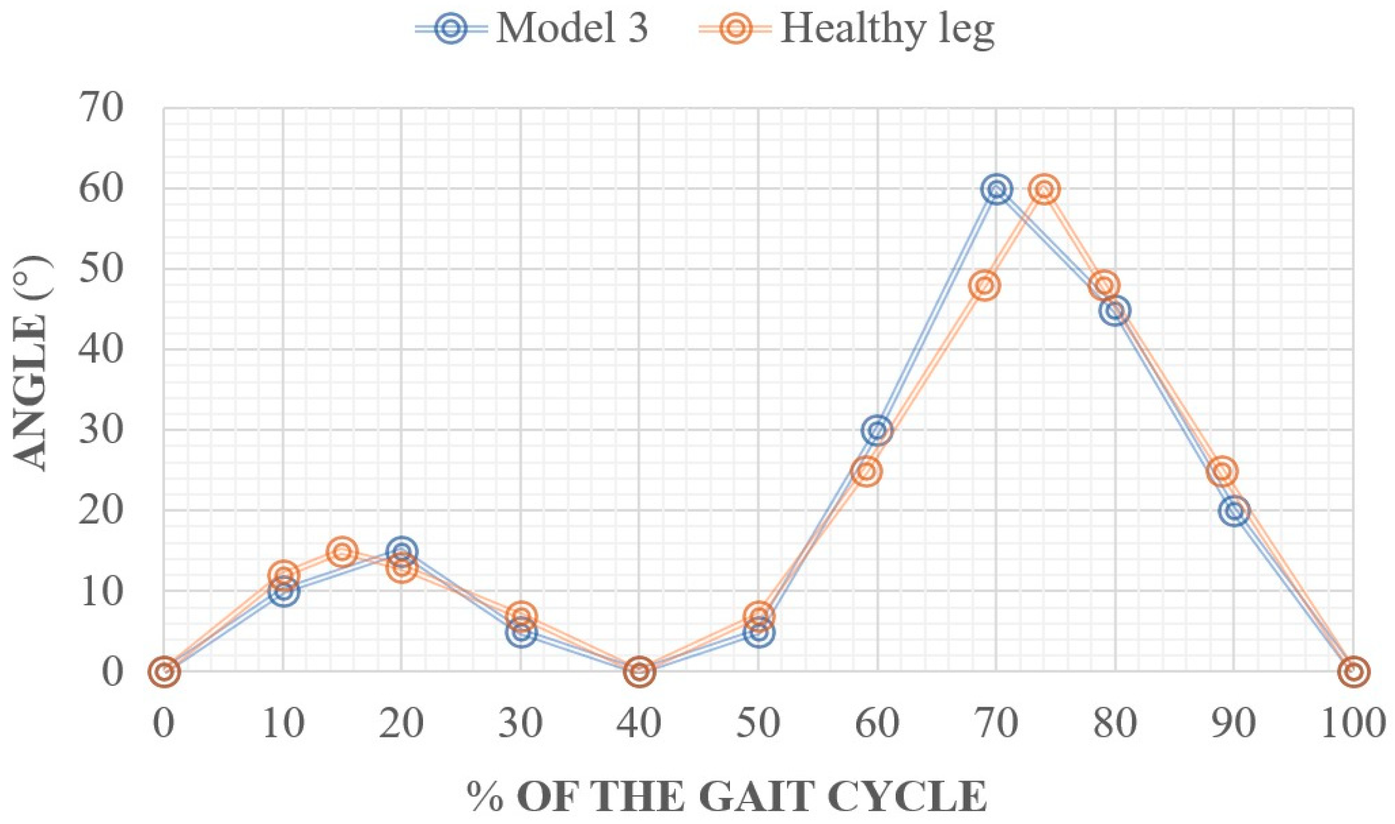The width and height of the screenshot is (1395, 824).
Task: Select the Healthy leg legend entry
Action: [846, 28]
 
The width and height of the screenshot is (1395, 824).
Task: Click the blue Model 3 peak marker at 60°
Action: [996, 190]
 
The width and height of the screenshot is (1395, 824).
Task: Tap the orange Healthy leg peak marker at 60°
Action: [1044, 190]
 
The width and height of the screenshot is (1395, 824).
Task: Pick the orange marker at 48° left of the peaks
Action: [984, 286]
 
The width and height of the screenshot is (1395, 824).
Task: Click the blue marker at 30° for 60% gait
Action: [877, 430]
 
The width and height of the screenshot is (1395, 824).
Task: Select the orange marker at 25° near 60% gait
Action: [866, 472]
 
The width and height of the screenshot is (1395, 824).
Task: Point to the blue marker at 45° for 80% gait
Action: [1116, 311]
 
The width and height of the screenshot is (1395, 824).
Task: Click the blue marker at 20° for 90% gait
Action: [1234, 511]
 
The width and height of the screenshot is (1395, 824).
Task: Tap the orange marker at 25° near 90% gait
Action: [1222, 472]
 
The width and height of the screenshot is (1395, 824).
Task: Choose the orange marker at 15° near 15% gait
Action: [342, 552]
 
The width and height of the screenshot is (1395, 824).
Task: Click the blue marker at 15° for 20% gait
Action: [402, 551]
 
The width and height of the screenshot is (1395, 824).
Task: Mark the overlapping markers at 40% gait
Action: [639, 671]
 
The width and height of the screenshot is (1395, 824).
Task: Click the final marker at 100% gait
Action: [1353, 671]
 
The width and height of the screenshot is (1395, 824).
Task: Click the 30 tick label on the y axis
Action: [101, 430]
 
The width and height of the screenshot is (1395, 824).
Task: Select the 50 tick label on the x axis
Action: [758, 723]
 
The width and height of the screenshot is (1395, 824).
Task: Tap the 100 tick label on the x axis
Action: [1352, 723]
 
